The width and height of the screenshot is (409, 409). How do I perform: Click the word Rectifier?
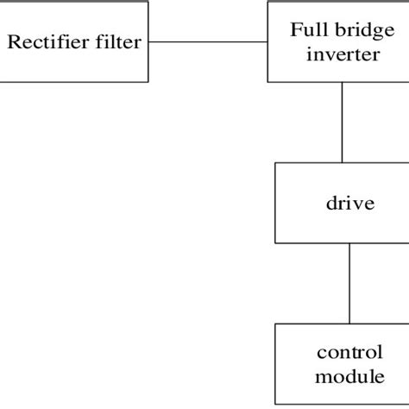coord(47,41)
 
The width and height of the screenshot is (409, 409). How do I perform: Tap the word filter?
coord(116,41)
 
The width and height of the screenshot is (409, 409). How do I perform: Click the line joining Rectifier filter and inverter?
coord(207,41)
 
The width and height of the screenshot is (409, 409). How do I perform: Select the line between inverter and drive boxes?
coord(343,122)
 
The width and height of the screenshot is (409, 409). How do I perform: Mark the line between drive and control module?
coord(349,283)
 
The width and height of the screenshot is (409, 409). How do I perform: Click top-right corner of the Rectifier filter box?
coord(148,2)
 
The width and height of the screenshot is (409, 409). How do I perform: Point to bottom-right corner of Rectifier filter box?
coord(148,82)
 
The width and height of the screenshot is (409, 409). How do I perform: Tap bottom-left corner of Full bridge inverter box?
coord(268,82)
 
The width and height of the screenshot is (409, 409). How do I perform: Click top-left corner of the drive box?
coord(275,162)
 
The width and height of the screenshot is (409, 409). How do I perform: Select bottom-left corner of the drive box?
coord(275,242)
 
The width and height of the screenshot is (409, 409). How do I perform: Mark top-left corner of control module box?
coord(275,324)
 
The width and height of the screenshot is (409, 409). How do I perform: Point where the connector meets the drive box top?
coord(343,162)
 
